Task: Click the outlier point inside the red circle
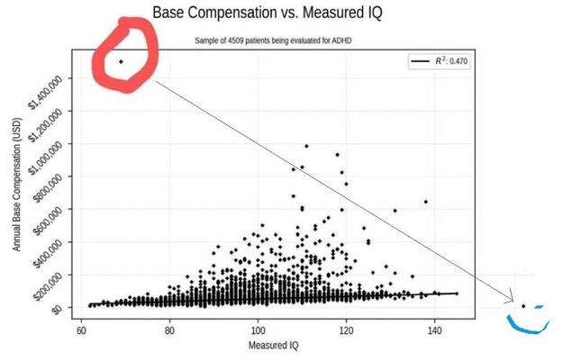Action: tap(121, 61)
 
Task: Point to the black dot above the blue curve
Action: tap(523, 306)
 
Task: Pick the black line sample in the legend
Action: tap(420, 61)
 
